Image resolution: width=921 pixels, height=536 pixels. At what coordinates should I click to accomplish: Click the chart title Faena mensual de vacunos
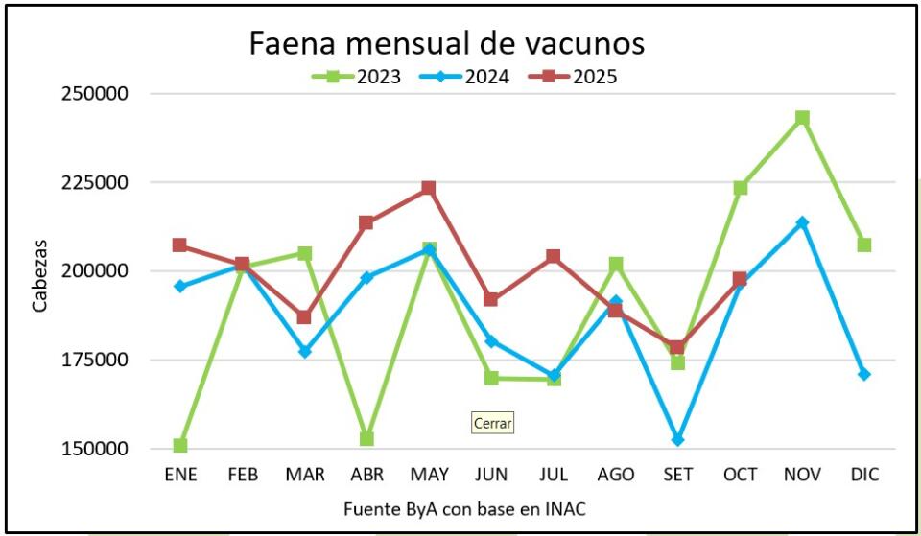tap(446, 43)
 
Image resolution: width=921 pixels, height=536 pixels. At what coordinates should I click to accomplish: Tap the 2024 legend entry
tap(476, 77)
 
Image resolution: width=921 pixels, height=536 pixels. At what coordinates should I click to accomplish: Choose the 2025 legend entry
tap(584, 77)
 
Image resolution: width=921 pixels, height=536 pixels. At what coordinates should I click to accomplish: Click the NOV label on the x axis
tap(802, 475)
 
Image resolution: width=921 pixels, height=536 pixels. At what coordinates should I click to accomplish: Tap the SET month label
tap(677, 475)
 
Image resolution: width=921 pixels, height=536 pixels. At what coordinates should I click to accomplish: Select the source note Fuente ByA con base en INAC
tap(463, 509)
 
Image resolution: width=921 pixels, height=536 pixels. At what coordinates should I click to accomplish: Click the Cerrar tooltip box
tap(493, 423)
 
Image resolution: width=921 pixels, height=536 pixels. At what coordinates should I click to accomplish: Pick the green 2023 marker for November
tap(802, 118)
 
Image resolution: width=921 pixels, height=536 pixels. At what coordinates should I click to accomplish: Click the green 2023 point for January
tap(180, 445)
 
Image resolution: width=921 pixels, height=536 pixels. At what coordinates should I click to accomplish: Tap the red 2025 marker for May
tap(429, 188)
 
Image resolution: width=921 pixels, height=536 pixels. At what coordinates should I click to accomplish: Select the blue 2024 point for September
tap(677, 439)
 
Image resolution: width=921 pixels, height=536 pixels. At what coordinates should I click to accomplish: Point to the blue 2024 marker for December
tap(864, 374)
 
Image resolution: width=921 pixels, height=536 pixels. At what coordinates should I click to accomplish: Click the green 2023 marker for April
tap(366, 438)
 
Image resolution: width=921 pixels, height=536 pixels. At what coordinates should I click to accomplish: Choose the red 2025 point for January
tap(180, 245)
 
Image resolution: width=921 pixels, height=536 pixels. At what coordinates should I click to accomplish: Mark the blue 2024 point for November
tap(802, 222)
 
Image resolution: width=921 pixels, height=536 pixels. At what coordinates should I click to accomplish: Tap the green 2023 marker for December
tap(864, 245)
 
